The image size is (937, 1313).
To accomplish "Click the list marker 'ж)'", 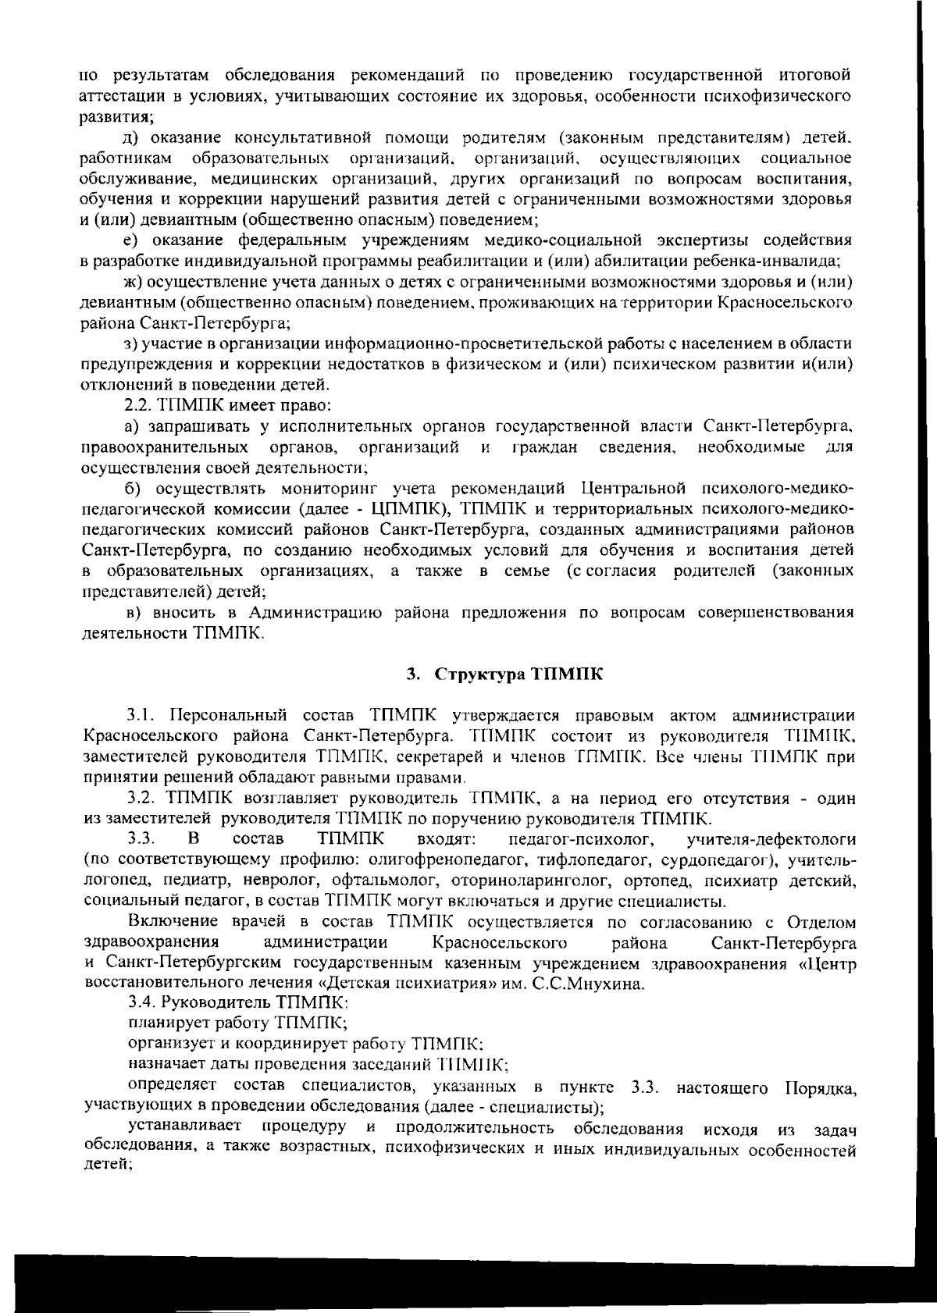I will click(134, 282).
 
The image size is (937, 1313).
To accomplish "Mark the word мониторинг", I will click(326, 489).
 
